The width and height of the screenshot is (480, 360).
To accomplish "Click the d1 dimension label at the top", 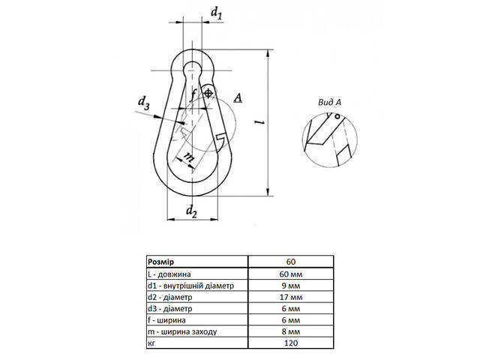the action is coord(217,13).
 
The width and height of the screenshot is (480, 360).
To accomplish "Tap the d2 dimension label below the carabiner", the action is coord(191,211).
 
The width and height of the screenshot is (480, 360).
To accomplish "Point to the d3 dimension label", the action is coord(143,103).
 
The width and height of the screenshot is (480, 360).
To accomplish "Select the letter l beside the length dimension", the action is coord(261,122).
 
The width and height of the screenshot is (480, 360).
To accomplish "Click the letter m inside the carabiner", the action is coord(188,157).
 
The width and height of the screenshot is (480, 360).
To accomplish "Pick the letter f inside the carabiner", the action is coord(192,95).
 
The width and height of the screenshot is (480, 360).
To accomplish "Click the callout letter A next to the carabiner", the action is coord(238,98).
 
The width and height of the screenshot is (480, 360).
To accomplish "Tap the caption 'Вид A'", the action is coord(329,102).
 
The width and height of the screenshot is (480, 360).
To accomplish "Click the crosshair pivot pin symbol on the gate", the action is coord(208,93).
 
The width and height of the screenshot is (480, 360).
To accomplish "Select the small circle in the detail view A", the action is coord(337,116).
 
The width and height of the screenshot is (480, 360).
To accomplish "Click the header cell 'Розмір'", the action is coord(160,262).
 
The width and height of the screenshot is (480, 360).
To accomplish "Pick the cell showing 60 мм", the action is coord(291,274).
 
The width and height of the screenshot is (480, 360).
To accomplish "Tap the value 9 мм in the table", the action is coord(291,286).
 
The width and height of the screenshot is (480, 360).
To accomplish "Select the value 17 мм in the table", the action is coord(291,297).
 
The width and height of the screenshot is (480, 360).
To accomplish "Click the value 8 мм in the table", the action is coord(291,331).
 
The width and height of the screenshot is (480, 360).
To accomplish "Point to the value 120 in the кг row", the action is coord(291,343).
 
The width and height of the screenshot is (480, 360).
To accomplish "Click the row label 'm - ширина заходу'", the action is coord(182,331).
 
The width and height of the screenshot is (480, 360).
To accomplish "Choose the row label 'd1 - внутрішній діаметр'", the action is coord(190,286).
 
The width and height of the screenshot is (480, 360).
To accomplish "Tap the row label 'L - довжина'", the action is coord(169,274).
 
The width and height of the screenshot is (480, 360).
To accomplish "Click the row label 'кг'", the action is coord(151,343).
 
